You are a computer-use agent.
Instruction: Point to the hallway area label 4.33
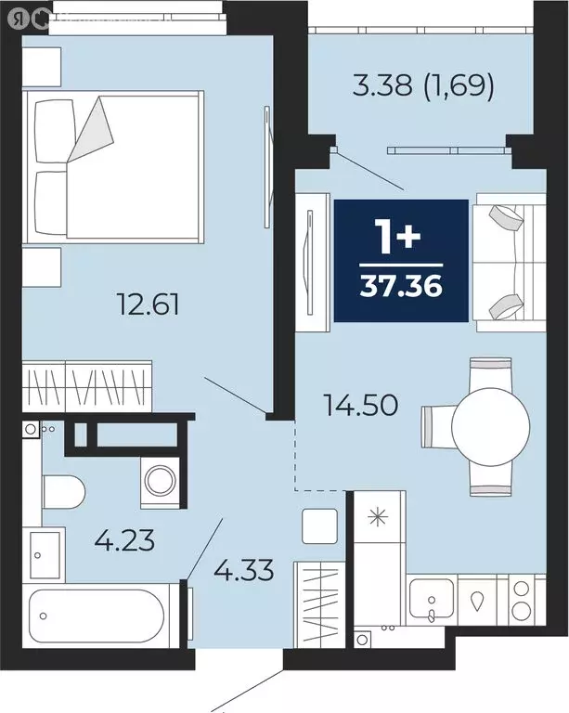point(245,568)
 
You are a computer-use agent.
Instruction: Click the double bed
point(115,167)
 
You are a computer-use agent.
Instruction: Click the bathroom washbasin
point(44,556)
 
